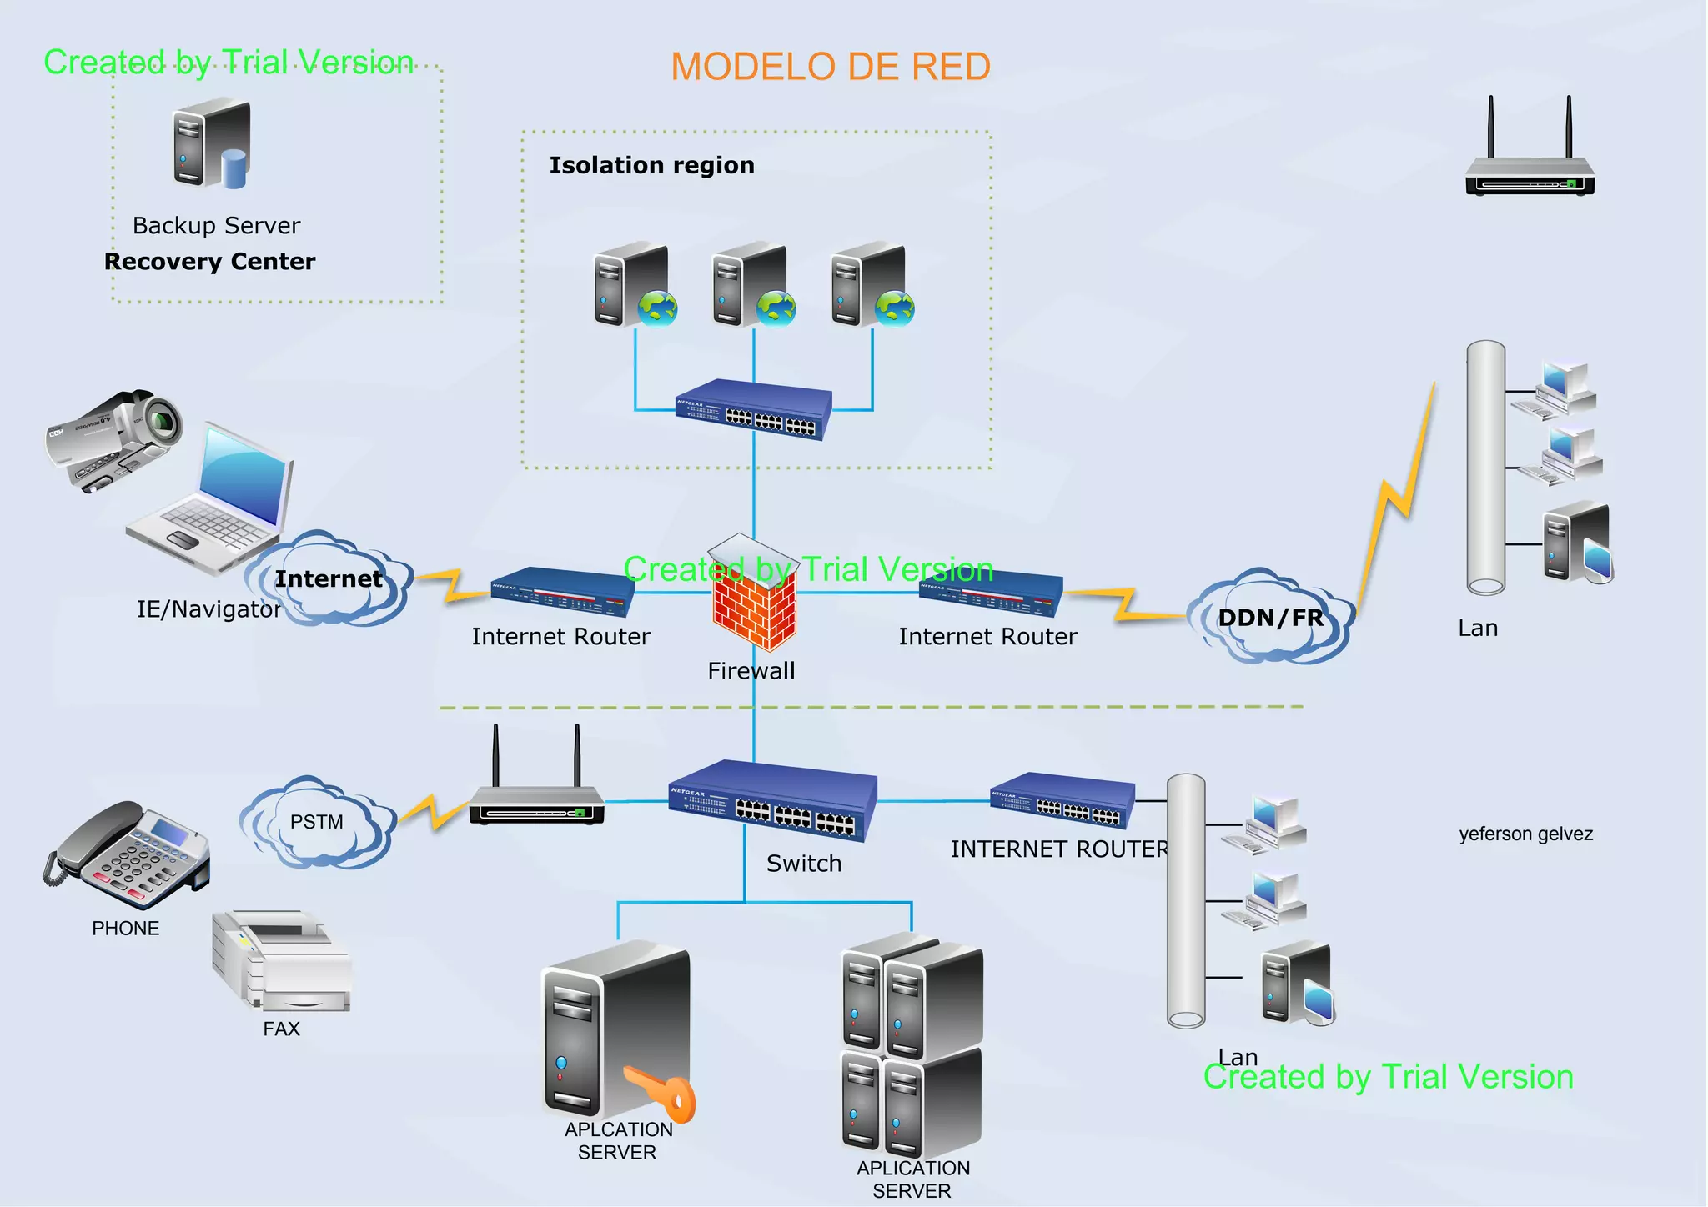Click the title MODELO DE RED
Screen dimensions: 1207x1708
tap(831, 67)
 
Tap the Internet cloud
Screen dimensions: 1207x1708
tap(329, 579)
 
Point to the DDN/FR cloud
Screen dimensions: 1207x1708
tap(1270, 618)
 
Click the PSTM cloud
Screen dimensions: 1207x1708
tap(316, 823)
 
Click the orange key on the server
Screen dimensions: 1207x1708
tap(664, 1092)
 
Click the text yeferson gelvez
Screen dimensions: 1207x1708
tap(1525, 834)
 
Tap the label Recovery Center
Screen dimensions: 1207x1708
tap(210, 262)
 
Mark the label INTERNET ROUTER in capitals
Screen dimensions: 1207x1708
tap(1058, 849)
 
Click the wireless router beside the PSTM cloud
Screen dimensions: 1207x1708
tap(536, 797)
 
